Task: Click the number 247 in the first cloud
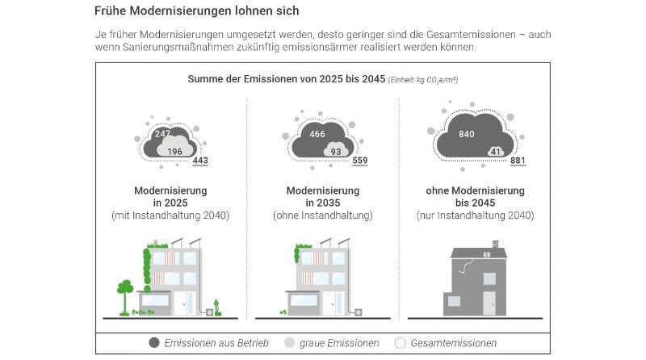click(162, 134)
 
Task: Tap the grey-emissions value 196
click(175, 151)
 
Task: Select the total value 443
click(201, 161)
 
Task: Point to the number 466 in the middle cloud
click(317, 134)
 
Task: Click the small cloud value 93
click(335, 151)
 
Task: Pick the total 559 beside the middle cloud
click(360, 161)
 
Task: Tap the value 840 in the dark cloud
click(467, 134)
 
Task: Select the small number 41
click(495, 151)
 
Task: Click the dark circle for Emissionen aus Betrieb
click(154, 343)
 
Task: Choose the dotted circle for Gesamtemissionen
click(400, 343)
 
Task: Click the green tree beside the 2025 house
click(125, 289)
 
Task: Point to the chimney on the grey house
click(495, 242)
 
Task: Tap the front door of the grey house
click(489, 303)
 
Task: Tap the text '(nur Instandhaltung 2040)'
click(475, 216)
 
